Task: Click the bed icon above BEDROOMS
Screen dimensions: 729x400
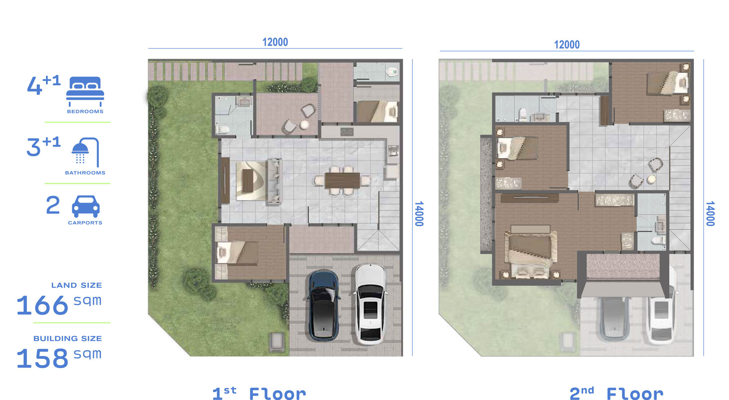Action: click(85, 91)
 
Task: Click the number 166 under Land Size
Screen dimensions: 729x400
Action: click(42, 305)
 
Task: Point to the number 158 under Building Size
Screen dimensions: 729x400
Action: click(42, 358)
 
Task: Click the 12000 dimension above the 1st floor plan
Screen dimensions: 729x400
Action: click(275, 42)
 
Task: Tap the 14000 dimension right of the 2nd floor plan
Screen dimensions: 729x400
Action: click(710, 214)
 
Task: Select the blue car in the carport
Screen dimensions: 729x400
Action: click(323, 306)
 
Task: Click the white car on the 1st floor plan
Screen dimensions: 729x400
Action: click(370, 304)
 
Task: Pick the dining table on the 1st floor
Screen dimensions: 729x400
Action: click(342, 180)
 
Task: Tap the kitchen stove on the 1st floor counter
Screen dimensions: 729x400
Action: click(347, 131)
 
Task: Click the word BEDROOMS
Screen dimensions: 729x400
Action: click(85, 112)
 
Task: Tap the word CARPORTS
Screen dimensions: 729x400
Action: click(85, 223)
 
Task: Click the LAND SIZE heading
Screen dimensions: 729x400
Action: click(77, 285)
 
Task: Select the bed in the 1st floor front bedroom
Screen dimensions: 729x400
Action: click(237, 252)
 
